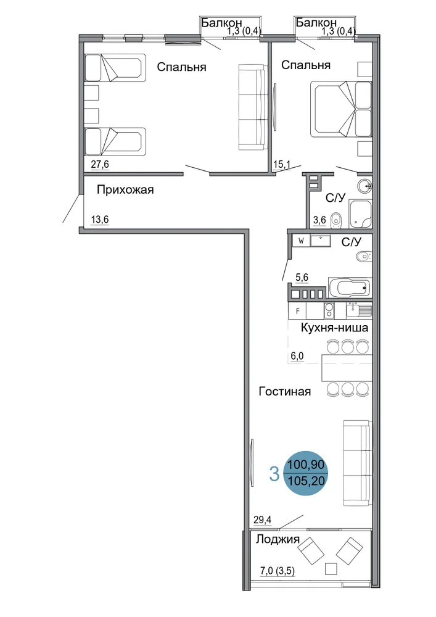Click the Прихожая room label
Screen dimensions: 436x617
point(125,190)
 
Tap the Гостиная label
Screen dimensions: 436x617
point(285,392)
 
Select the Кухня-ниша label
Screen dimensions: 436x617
point(334,328)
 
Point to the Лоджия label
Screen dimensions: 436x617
point(278,539)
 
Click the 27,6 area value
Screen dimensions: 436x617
point(99,165)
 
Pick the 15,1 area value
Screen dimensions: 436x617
point(281,164)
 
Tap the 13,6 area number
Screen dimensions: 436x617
point(99,220)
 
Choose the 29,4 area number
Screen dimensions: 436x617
point(262,520)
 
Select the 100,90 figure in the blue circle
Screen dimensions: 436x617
point(306,465)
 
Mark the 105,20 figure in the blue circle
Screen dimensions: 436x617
point(306,480)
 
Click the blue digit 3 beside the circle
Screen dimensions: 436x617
point(274,474)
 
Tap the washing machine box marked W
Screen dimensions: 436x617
point(301,241)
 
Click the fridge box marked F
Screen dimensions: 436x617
point(298,311)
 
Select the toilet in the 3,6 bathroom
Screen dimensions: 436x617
point(335,220)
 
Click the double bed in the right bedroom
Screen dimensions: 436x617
point(341,109)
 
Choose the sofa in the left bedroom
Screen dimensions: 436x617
point(252,107)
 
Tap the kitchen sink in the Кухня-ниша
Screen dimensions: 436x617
point(358,310)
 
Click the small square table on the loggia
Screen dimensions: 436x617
point(331,569)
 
